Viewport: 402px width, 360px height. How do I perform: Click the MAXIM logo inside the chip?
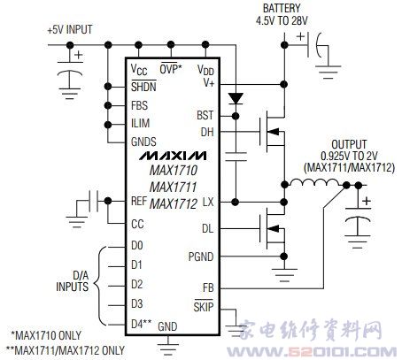click(173, 156)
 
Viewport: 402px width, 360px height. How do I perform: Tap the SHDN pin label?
click(143, 87)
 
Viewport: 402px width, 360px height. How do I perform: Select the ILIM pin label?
click(140, 123)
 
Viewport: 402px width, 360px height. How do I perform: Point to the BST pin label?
click(205, 115)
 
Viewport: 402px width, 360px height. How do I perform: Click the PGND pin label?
click(201, 257)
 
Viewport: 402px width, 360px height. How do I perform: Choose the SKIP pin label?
click(204, 306)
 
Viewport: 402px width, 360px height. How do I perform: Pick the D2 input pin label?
click(137, 284)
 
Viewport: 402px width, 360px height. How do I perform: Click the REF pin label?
click(139, 201)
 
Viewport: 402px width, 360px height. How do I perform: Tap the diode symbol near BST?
click(236, 98)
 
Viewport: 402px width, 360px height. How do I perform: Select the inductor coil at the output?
click(315, 183)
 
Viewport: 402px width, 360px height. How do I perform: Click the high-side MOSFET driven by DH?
click(272, 131)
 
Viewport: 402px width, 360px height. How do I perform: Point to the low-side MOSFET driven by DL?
click(272, 228)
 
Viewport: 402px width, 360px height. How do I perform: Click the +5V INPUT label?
click(70, 29)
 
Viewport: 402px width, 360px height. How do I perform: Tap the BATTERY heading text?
click(282, 8)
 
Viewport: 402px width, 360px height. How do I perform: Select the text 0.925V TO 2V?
click(349, 156)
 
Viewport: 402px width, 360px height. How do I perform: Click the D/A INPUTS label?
click(73, 281)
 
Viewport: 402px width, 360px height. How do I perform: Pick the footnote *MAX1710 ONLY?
click(46, 335)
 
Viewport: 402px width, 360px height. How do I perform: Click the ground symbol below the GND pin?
click(168, 349)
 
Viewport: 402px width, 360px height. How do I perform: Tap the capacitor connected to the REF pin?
click(93, 201)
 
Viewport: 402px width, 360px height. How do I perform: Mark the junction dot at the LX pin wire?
click(236, 203)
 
